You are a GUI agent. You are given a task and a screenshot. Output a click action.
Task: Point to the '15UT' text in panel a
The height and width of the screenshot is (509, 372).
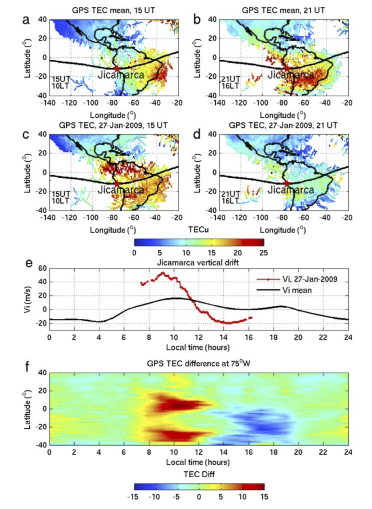point(59,79)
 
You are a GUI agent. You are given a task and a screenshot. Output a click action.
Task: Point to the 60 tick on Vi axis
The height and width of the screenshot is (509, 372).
point(42,268)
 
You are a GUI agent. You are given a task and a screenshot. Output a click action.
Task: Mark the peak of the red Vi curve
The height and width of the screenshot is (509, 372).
point(163,273)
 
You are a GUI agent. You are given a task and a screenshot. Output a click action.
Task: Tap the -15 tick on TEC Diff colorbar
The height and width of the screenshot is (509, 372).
point(134,496)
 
